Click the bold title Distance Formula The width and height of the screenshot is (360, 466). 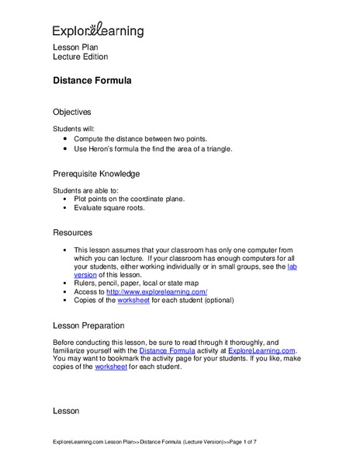click(x=92, y=80)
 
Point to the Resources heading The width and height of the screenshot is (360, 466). click(x=72, y=232)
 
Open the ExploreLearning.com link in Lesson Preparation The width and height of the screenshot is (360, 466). click(x=262, y=350)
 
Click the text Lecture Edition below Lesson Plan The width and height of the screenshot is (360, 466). click(x=80, y=57)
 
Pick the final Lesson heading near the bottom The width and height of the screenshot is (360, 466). click(x=67, y=409)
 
